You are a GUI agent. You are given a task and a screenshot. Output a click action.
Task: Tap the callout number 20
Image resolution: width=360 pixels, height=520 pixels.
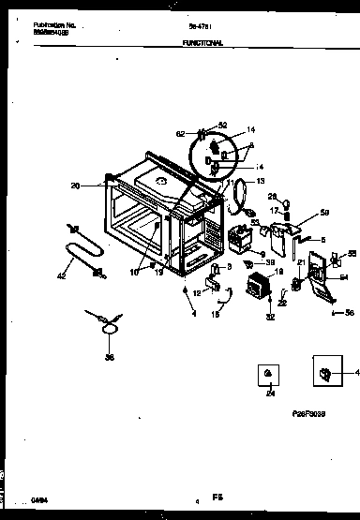click(x=100, y=186)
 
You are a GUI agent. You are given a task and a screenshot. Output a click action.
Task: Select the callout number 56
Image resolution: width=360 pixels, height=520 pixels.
click(x=349, y=311)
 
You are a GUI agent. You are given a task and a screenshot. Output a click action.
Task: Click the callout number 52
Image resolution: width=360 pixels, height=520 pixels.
click(x=223, y=125)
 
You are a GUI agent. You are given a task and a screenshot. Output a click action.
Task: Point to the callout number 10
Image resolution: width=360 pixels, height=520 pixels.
click(x=134, y=273)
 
